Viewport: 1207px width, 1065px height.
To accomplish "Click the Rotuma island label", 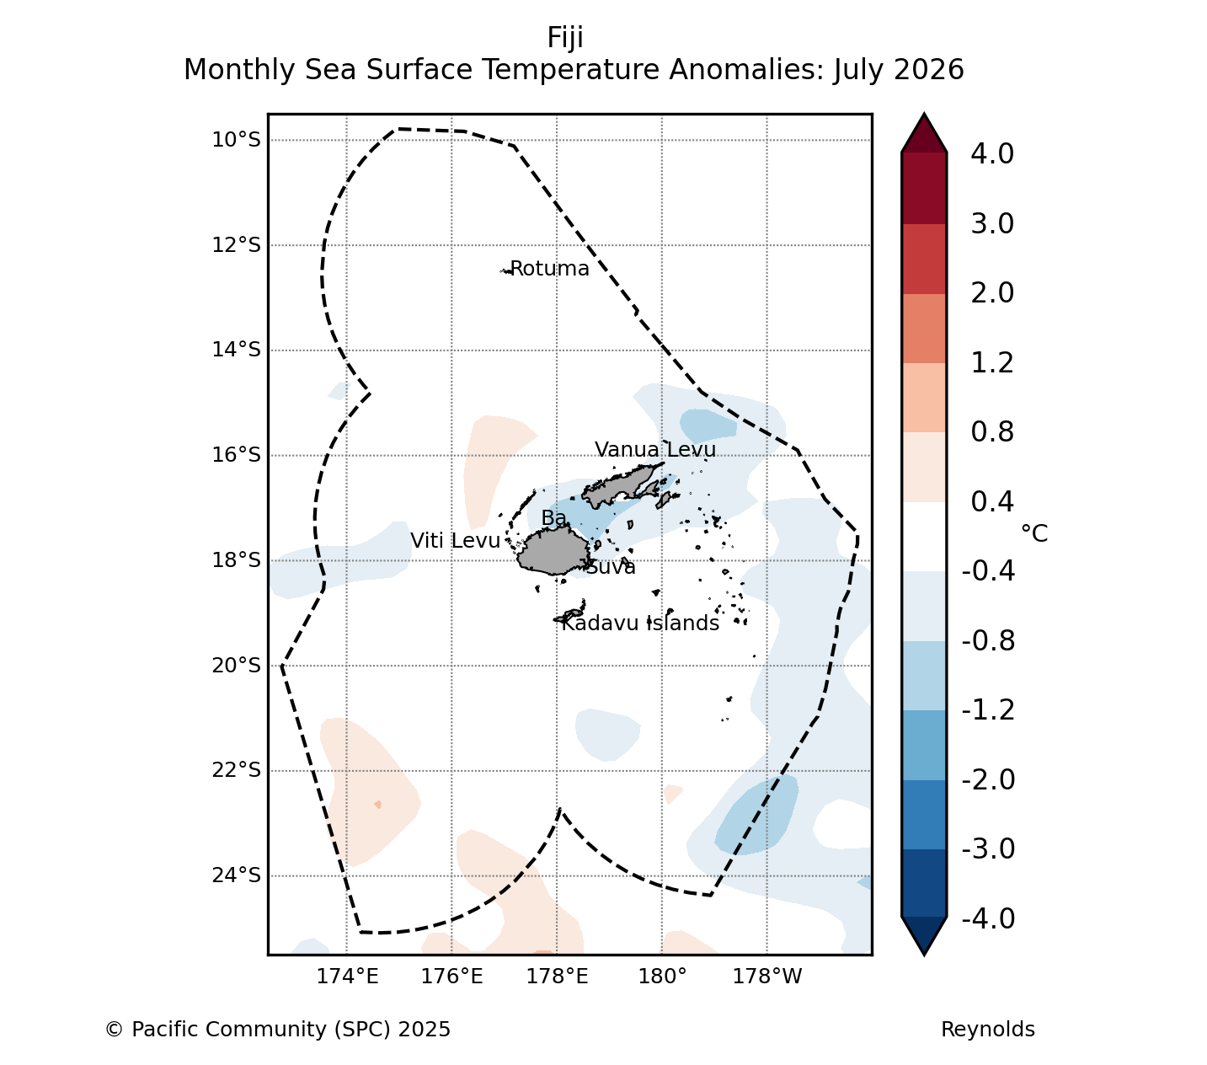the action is pyautogui.click(x=549, y=269).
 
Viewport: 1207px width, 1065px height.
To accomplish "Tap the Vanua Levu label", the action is pyautogui.click(x=655, y=449).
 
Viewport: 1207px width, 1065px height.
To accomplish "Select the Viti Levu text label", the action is pyautogui.click(x=455, y=541).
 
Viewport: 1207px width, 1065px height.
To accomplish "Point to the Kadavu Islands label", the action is pyautogui.click(x=640, y=623).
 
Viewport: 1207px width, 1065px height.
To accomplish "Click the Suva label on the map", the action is pyautogui.click(x=611, y=567).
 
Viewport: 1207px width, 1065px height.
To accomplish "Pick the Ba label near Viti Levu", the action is pyautogui.click(x=553, y=518).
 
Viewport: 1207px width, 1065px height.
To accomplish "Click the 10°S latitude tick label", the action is pyautogui.click(x=237, y=140).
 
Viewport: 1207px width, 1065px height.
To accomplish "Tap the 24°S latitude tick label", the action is pyautogui.click(x=237, y=875).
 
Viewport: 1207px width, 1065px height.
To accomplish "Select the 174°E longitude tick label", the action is pyautogui.click(x=347, y=977).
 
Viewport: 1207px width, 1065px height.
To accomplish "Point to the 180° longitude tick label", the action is pyautogui.click(x=663, y=977).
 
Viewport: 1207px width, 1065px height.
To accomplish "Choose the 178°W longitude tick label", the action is pyautogui.click(x=767, y=977).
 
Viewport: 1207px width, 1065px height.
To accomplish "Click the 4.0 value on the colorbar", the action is pyautogui.click(x=992, y=153).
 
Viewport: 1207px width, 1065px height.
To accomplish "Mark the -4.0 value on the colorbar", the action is pyautogui.click(x=988, y=918).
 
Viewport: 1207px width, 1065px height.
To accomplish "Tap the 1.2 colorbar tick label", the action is pyautogui.click(x=992, y=362).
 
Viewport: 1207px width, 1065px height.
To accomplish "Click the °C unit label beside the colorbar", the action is pyautogui.click(x=1034, y=533).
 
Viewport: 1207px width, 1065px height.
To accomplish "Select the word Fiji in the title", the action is pyautogui.click(x=565, y=38).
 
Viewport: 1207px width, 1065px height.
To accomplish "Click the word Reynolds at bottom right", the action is pyautogui.click(x=988, y=1030).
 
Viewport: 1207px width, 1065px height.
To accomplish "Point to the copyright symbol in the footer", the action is pyautogui.click(x=114, y=1030).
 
